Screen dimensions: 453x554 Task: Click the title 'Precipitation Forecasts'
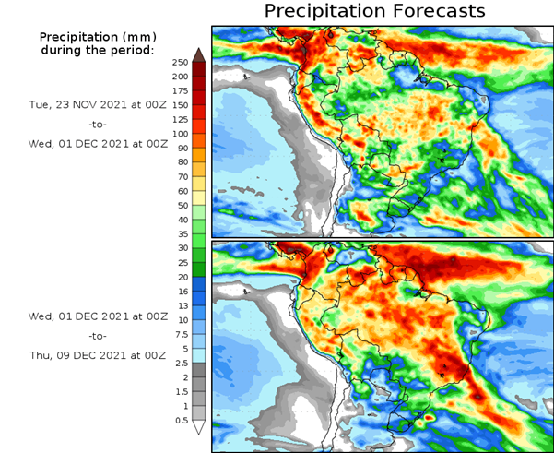click(374, 11)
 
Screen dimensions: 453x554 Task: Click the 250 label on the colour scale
click(180, 62)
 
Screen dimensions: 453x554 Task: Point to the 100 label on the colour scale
click(180, 134)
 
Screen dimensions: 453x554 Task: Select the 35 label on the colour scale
click(180, 234)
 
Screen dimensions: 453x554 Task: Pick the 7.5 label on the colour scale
click(180, 334)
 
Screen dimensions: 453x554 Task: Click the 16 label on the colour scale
click(180, 292)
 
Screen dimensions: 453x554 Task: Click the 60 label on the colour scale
click(180, 191)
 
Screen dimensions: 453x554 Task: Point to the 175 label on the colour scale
click(180, 90)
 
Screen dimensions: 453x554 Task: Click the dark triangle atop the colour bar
click(198, 54)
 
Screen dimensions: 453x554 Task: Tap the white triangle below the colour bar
click(198, 427)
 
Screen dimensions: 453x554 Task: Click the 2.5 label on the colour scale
click(180, 364)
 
